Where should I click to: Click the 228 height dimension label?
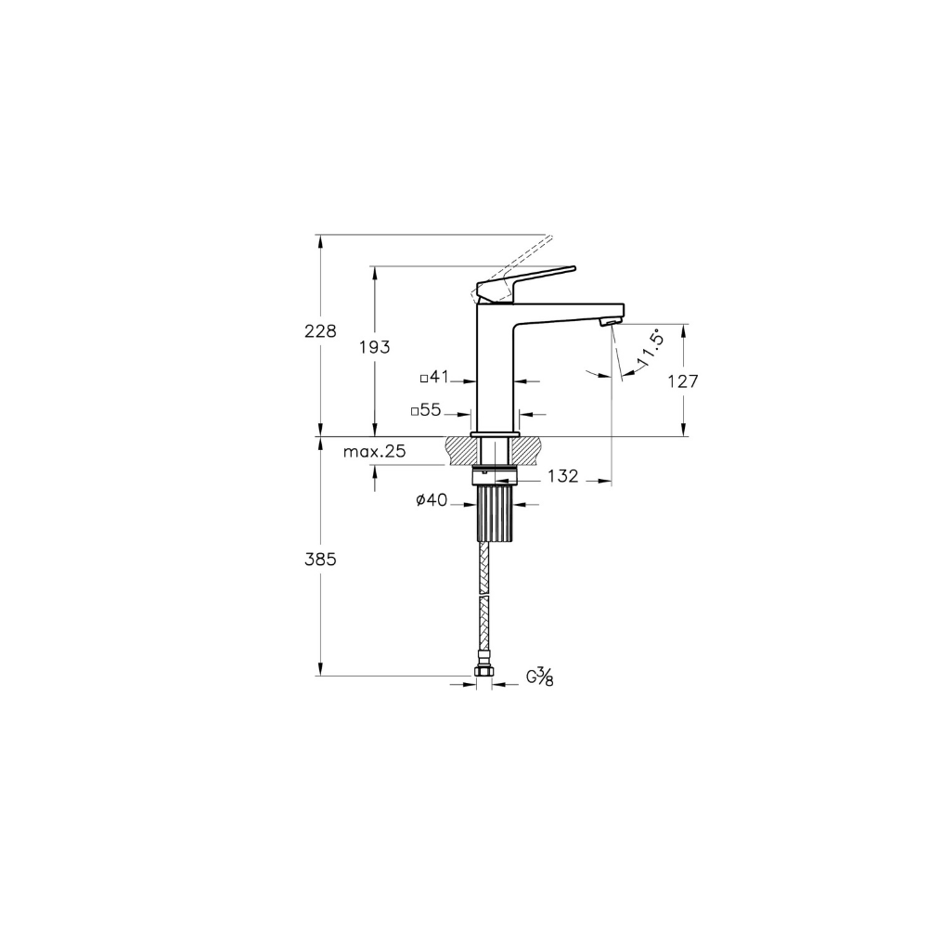click(320, 331)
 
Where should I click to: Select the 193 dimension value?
click(375, 347)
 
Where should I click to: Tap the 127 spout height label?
click(683, 381)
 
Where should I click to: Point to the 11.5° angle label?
click(649, 352)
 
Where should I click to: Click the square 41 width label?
click(435, 377)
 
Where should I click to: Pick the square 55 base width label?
click(426, 409)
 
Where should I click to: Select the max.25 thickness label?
click(375, 452)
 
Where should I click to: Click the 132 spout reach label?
click(562, 476)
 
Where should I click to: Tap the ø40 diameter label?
click(432, 501)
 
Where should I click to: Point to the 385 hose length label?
click(320, 560)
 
